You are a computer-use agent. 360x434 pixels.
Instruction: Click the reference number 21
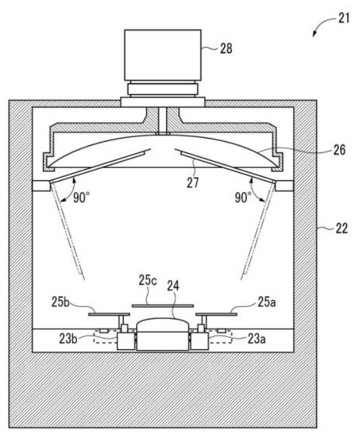pyautogui.click(x=344, y=18)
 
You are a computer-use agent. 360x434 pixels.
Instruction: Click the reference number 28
pyautogui.click(x=226, y=49)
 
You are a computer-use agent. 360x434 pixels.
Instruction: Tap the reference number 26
pyautogui.click(x=339, y=150)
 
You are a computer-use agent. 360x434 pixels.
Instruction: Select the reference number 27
pyautogui.click(x=193, y=183)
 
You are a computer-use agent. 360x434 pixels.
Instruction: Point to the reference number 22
pyautogui.click(x=341, y=229)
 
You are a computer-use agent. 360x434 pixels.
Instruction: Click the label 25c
pyautogui.click(x=148, y=280)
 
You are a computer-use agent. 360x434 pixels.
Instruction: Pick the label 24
pyautogui.click(x=173, y=286)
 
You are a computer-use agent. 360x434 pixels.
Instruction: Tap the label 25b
pyautogui.click(x=60, y=302)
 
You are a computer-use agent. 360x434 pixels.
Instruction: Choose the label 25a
pyautogui.click(x=267, y=302)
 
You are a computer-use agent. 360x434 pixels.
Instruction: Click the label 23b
pyautogui.click(x=68, y=339)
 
